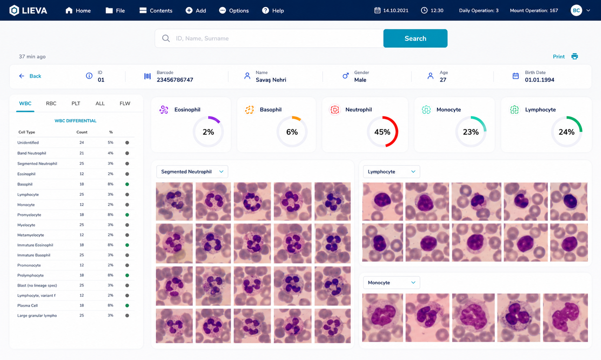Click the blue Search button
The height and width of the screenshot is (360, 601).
[415, 38]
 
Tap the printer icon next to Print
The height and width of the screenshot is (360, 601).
[574, 56]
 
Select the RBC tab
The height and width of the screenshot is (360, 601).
[51, 103]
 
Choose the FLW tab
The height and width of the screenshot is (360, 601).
[125, 103]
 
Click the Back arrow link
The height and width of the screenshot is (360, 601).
[30, 76]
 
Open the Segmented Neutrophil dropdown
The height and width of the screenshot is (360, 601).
[192, 172]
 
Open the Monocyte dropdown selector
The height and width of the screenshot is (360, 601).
[391, 283]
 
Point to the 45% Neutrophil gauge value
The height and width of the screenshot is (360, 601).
[382, 132]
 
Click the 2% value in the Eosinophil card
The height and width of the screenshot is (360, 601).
[208, 132]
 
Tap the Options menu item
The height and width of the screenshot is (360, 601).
[234, 10]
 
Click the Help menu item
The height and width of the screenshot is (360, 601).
[273, 10]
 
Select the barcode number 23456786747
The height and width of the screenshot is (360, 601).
[175, 80]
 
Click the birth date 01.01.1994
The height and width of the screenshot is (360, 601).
[539, 80]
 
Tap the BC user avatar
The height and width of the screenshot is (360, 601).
[576, 10]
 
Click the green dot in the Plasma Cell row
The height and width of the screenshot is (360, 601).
[127, 305]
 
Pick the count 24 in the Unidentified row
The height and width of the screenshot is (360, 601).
[82, 143]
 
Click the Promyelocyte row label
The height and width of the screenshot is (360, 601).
[29, 215]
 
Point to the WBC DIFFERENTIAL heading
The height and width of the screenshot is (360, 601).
[75, 121]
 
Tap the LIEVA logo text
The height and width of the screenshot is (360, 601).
[35, 10]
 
